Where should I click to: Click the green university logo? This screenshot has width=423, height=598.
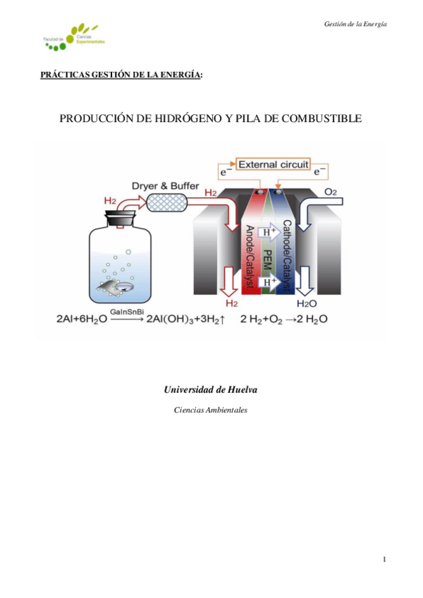pyautogui.click(x=75, y=39)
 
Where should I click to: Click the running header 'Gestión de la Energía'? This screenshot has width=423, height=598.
pyautogui.click(x=355, y=24)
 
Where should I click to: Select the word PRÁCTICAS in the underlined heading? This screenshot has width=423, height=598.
pyautogui.click(x=64, y=74)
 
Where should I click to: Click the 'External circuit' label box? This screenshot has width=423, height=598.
pyautogui.click(x=274, y=164)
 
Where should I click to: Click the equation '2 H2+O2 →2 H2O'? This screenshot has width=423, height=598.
pyautogui.click(x=283, y=319)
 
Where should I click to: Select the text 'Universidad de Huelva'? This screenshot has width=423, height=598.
pyautogui.click(x=210, y=389)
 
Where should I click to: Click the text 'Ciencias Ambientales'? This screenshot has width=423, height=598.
pyautogui.click(x=210, y=410)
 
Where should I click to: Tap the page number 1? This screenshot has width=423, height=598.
pyautogui.click(x=384, y=560)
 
